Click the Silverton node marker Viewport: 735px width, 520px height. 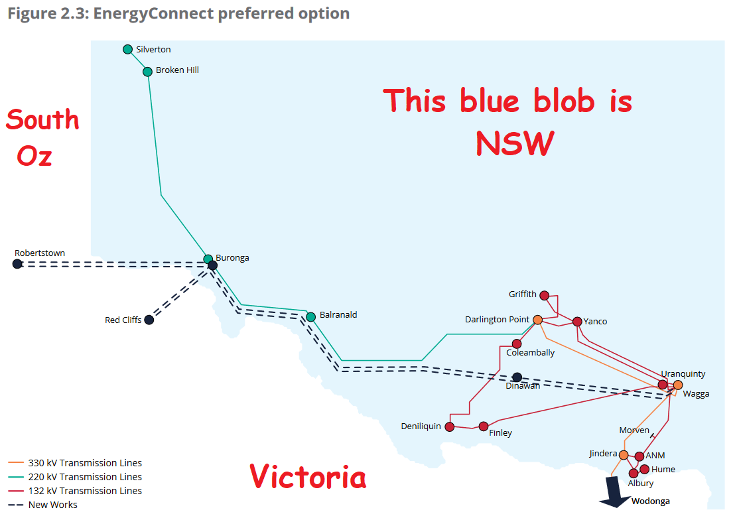coord(127,49)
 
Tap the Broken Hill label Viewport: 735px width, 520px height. coord(177,70)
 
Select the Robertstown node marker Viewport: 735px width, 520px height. coord(17,264)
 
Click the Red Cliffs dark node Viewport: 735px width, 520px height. coord(149,320)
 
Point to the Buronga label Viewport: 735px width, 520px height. coord(232,258)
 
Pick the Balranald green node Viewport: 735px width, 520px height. coord(310,317)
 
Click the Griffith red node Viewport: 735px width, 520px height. coord(544,295)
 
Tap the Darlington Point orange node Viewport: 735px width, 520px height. coord(538,320)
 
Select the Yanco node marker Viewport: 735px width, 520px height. coord(578,322)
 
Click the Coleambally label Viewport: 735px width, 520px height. coord(530,353)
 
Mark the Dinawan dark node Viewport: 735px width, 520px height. coord(517,377)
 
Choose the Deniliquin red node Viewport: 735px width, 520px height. coord(450,426)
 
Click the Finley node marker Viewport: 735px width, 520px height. coord(484,426)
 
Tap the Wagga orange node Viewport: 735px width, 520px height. coord(678,385)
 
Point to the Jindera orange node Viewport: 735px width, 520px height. coord(624,455)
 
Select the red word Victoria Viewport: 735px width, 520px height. coord(308,476)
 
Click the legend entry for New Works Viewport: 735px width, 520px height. coord(42,505)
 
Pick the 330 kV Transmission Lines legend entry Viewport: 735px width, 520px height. coord(75,463)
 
